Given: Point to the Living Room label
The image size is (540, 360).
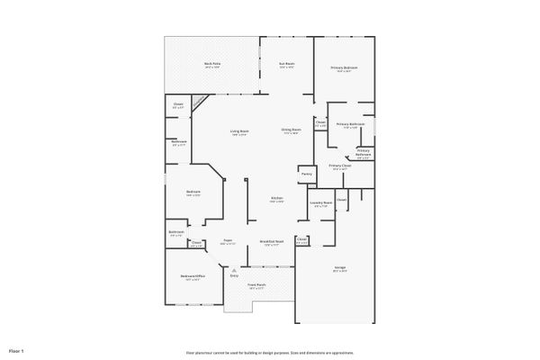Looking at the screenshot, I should pyautogui.click(x=238, y=131).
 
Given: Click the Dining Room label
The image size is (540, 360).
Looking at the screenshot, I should pyautogui.click(x=290, y=131).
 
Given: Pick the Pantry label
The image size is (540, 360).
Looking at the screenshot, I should pyautogui.click(x=306, y=174).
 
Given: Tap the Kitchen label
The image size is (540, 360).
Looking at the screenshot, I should pyautogui.click(x=278, y=198).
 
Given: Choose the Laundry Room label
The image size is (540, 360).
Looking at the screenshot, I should pyautogui.click(x=322, y=203).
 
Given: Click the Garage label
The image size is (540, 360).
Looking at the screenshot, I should pyautogui.click(x=340, y=268).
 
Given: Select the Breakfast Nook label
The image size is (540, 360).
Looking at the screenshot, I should pyautogui.click(x=272, y=241).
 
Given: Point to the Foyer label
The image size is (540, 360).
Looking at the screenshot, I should pyautogui.click(x=228, y=241).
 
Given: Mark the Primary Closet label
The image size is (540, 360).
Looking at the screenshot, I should pyautogui.click(x=339, y=166).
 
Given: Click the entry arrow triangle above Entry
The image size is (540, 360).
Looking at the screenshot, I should pyautogui.click(x=234, y=269).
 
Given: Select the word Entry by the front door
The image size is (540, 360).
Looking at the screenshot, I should pyautogui.click(x=234, y=275).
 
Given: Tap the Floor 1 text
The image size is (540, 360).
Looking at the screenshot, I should pyautogui.click(x=16, y=349).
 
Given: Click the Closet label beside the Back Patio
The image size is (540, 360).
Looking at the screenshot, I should pyautogui.click(x=177, y=105).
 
